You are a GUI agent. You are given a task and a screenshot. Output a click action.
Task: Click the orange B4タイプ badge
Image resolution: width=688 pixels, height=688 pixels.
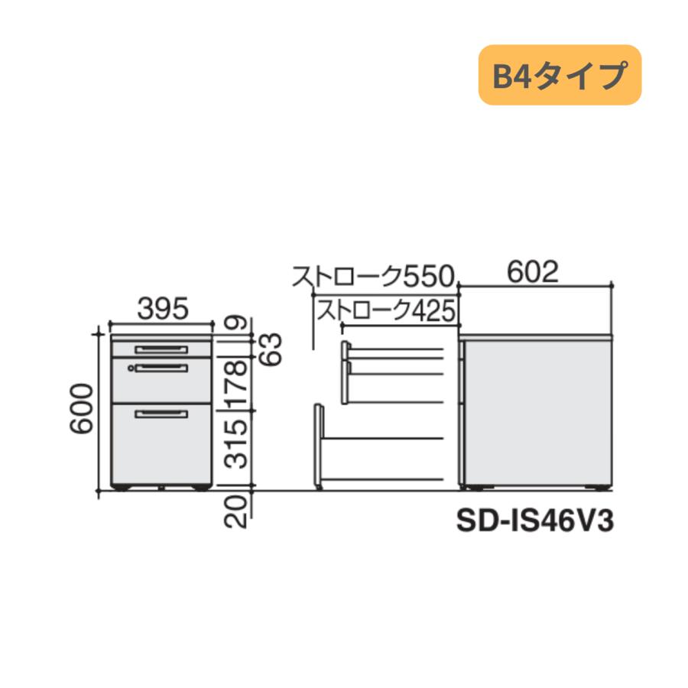coord(560,75)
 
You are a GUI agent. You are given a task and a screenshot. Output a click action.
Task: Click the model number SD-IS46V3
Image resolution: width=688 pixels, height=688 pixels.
coord(535,521)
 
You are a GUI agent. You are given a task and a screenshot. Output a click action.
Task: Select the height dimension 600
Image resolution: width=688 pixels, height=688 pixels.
coord(82,408)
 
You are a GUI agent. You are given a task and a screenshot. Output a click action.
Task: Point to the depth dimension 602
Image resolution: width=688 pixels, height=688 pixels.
coord(533,272)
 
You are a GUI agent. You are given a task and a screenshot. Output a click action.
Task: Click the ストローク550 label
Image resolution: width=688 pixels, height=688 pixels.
coord(373,277)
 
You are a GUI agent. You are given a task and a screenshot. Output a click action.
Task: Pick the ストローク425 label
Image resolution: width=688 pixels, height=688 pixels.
coord(386,310)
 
